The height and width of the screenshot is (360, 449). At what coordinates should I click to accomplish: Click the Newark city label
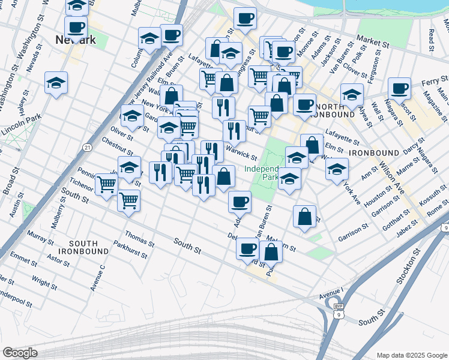point(76,40)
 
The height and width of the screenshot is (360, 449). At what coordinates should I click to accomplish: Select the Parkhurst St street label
point(130,248)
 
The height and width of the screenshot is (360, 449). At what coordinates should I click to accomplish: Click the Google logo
point(20,353)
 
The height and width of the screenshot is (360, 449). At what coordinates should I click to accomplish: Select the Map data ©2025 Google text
point(411,355)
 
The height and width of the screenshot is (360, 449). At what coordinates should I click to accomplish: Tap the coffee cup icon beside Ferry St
point(399,89)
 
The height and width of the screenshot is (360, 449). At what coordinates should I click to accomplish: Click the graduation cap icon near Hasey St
point(56,83)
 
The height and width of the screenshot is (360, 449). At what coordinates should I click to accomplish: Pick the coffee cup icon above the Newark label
point(76,27)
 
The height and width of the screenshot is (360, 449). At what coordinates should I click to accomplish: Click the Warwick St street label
point(241,149)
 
